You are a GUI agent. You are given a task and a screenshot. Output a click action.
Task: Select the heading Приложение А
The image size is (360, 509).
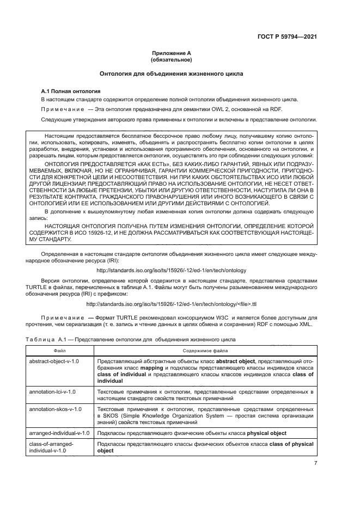coord(171,53)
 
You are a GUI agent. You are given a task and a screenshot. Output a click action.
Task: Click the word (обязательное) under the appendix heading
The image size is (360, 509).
coord(171,60)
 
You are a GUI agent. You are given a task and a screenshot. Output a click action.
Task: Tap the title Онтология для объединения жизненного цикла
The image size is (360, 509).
coord(171,73)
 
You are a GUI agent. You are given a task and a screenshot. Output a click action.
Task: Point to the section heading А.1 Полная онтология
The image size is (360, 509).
coord(71,91)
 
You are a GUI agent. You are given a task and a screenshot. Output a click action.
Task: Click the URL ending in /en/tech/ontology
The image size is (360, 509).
coord(171,270)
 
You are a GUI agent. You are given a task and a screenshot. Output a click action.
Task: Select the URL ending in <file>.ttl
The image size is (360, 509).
coord(171,304)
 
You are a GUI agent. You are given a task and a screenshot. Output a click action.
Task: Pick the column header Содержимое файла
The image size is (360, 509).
coord(204,351)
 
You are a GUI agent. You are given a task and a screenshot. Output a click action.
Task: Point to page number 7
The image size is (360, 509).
coord(316,464)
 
